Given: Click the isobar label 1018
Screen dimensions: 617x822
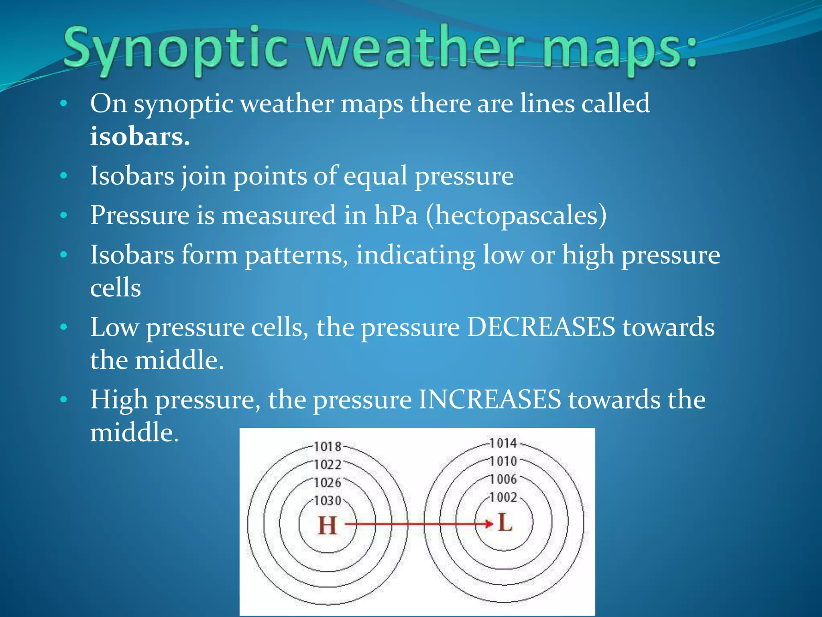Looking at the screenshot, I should coord(327,447).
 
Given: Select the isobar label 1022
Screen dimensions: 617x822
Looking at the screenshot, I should coord(327,465).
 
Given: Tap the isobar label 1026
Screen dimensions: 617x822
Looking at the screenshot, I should coord(327,483).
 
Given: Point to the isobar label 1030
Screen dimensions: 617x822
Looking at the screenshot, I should coord(327,501).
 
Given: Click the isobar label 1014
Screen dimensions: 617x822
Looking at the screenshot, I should coord(503,443).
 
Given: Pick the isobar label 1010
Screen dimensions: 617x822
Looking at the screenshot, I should coord(503,462).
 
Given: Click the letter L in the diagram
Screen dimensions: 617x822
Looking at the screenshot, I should coord(505,523).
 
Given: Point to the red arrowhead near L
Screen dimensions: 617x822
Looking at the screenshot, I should coord(489,524).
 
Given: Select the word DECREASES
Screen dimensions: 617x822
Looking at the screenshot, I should coord(541,327).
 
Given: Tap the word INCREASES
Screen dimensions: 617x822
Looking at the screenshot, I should coord(490,400).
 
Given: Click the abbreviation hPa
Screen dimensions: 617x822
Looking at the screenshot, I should coord(396,215).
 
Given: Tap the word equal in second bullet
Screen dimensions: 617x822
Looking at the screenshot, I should coord(375,176).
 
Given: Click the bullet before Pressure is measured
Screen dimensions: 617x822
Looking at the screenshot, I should coord(63,216).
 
